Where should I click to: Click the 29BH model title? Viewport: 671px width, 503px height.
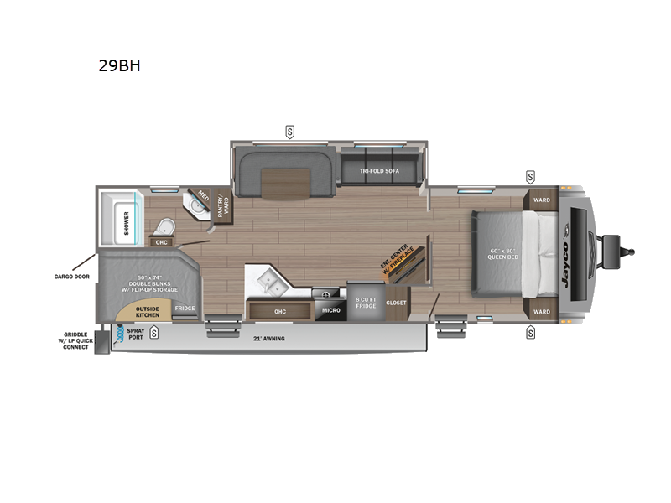click(x=118, y=65)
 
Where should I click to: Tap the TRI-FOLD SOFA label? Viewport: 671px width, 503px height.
click(x=380, y=170)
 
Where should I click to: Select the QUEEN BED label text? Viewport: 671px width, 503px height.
click(x=504, y=253)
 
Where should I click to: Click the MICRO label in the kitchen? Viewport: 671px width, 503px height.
click(x=330, y=310)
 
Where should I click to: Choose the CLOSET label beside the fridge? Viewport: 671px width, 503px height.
click(x=396, y=303)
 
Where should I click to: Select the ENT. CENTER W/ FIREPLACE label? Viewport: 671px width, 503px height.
click(x=396, y=266)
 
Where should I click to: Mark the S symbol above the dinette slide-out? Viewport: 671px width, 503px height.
click(x=290, y=131)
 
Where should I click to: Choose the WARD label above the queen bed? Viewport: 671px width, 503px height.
click(x=542, y=200)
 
